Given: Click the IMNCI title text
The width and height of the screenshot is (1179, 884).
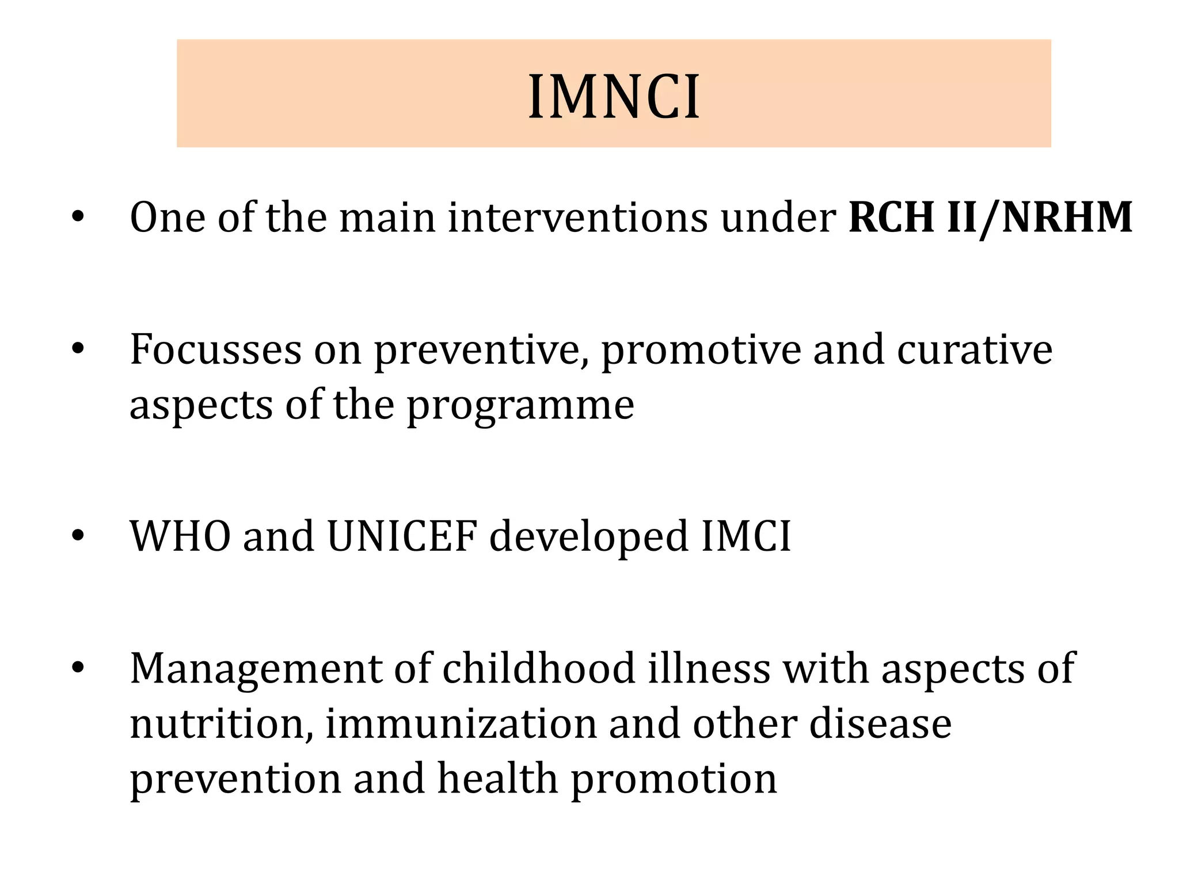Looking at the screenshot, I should tap(614, 97).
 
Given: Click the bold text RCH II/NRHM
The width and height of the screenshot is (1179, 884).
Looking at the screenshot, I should tap(990, 218).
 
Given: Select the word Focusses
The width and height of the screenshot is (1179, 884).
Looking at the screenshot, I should tap(215, 349).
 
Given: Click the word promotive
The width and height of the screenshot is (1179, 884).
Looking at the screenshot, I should tap(701, 351).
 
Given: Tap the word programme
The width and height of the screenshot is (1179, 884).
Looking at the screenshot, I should tap(520, 406).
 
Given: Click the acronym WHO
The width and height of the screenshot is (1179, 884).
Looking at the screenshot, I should tap(181, 536).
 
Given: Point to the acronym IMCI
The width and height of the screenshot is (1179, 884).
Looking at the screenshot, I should tap(746, 536).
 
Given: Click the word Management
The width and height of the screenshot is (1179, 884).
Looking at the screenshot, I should tap(256, 669).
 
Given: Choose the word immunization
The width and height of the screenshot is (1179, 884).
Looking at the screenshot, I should tap(461, 723).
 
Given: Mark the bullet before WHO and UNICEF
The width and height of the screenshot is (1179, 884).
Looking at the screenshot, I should tap(78, 536).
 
